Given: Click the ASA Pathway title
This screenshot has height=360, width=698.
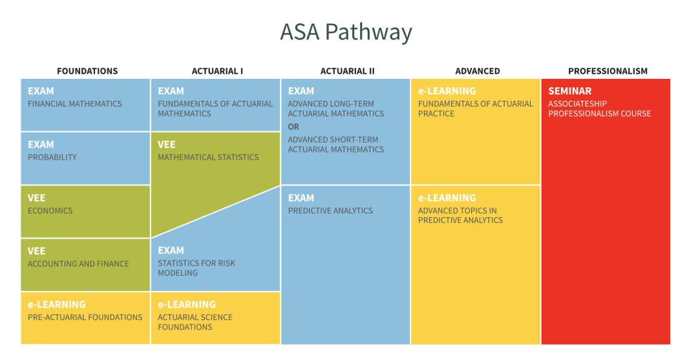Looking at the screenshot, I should point(346,32).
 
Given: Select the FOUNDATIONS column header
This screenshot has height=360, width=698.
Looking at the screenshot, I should point(87,71).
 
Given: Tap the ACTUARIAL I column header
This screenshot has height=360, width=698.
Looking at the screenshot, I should point(217,71).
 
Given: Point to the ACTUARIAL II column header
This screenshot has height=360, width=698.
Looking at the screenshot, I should point(347,71).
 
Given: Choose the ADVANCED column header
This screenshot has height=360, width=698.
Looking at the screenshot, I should point(478,71).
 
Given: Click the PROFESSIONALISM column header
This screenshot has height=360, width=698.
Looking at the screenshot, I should point(608,71).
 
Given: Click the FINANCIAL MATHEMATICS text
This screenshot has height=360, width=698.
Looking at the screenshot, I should point(75,104).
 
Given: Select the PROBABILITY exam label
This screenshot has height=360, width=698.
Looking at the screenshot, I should point(52,157).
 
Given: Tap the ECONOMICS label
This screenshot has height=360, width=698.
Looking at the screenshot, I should point(50,211).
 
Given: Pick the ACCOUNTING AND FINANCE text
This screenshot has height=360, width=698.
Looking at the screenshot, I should point(78,264).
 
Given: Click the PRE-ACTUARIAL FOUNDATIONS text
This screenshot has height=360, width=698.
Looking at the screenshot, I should point(85,317).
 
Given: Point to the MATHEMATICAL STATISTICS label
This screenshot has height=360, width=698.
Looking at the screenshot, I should point(208,157).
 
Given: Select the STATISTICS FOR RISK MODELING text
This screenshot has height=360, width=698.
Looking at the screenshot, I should point(196,268).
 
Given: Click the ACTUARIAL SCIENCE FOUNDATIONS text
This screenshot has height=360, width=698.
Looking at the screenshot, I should point(195,322).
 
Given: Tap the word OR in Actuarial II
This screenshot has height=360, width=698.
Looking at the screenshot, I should point(293,127).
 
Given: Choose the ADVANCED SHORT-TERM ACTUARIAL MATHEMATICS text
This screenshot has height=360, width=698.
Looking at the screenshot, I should point(335,145).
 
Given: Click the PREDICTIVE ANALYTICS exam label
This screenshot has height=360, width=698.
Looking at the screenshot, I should point(330,211).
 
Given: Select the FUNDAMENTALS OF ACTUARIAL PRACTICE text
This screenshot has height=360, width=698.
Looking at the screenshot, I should point(475,109).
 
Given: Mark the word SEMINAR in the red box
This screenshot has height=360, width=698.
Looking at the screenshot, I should point(570,91).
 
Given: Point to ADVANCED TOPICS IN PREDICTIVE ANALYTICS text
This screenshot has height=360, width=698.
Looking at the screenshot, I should point(460,215).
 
